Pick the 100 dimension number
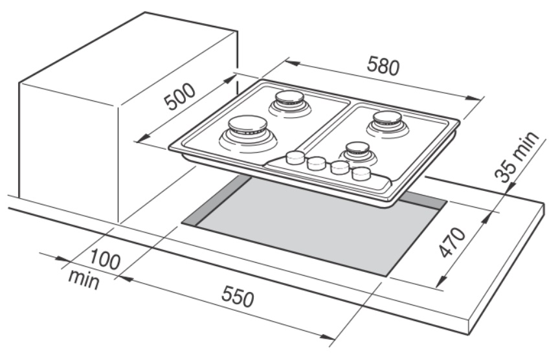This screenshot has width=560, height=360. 103,261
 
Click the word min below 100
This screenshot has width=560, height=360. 85,280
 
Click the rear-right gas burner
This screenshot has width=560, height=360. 386,121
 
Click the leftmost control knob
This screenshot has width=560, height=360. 295,157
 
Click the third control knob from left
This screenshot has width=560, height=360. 339,168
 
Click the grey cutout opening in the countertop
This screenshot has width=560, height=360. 311,227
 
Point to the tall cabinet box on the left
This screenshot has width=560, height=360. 71,129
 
